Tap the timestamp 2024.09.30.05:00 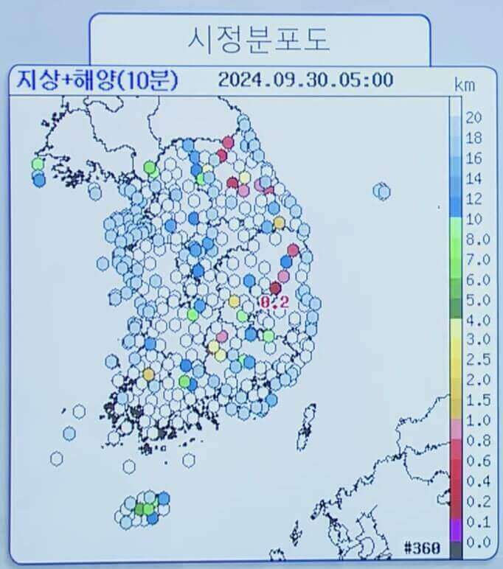[305, 80]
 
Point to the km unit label [465, 85]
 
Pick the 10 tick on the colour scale [473, 219]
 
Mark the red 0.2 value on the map [274, 301]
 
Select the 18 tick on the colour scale [474, 139]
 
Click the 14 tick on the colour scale [474, 179]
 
